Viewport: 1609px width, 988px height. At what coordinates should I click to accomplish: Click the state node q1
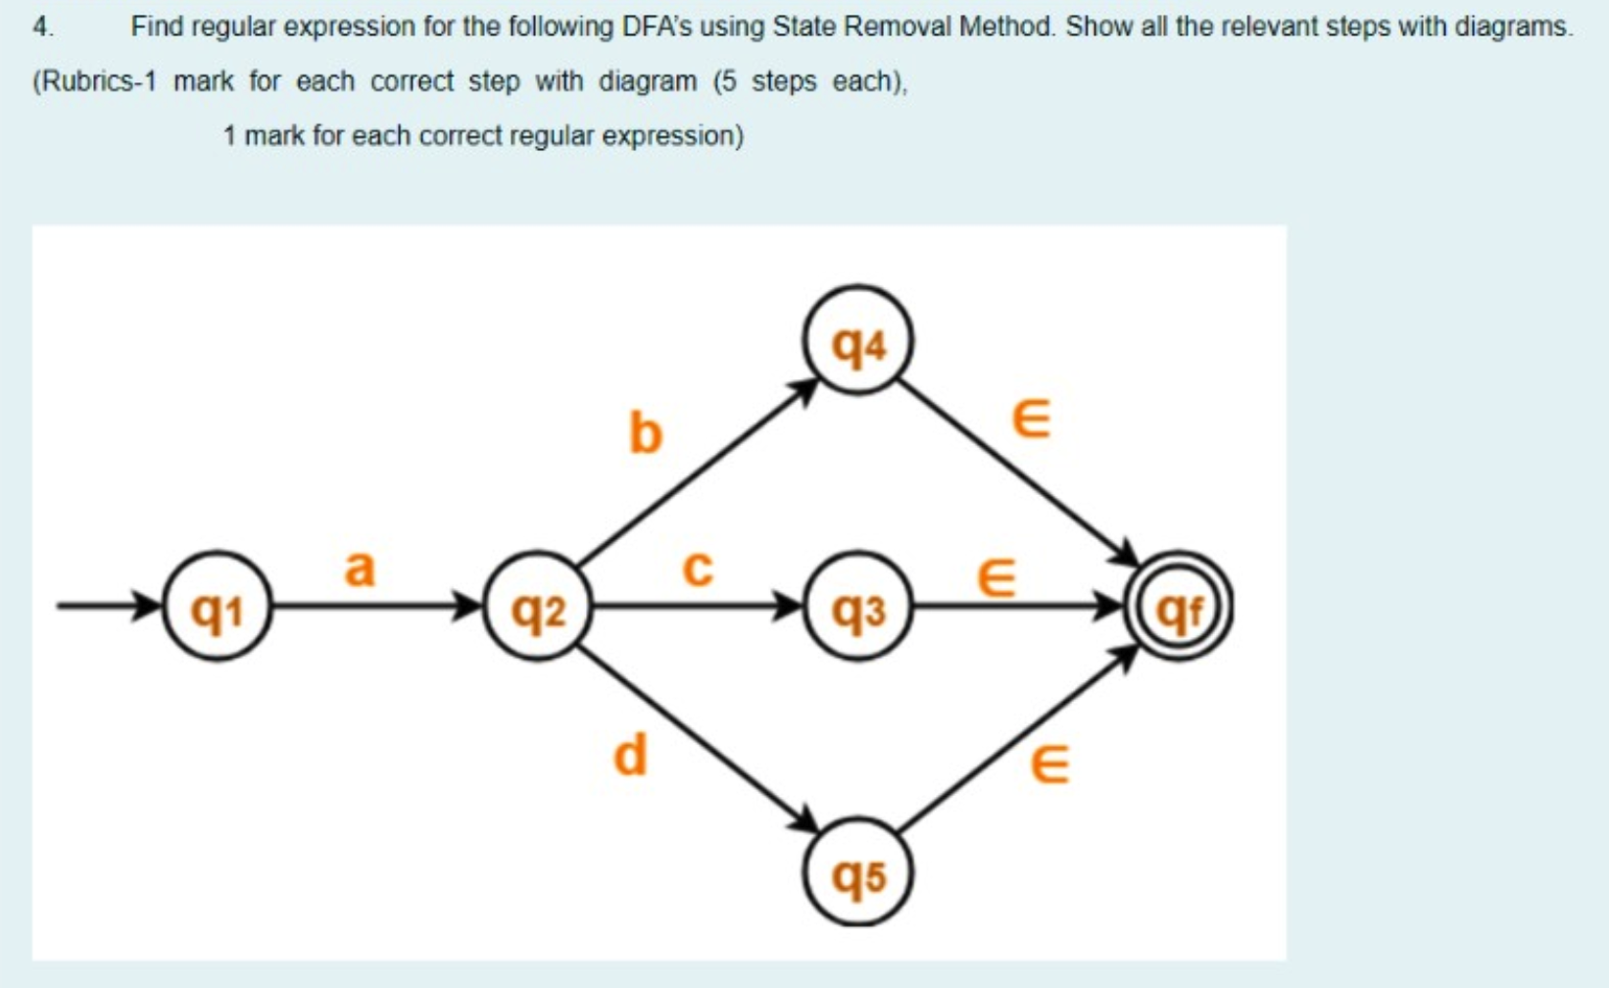(216, 608)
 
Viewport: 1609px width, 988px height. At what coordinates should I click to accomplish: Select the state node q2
(538, 608)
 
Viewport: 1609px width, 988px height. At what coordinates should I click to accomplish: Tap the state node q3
(857, 608)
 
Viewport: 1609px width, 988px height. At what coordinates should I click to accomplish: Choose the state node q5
(857, 872)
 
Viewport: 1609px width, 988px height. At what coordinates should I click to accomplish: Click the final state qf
(1178, 608)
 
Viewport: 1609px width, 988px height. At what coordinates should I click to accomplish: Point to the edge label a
(360, 568)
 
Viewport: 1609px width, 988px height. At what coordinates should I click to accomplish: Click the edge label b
(645, 432)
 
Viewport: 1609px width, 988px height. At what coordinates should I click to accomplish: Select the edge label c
(697, 568)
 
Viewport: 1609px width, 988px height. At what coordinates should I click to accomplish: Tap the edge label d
(630, 756)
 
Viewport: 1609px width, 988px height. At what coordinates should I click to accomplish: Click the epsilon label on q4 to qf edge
(1031, 419)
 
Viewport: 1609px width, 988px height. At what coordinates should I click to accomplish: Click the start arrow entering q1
(108, 607)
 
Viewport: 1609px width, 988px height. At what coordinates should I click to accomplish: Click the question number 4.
(42, 26)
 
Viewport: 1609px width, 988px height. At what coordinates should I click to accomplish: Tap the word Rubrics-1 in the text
(95, 81)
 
